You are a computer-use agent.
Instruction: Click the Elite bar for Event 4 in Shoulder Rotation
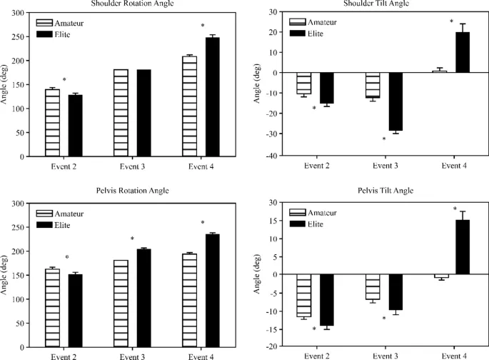(x=213, y=96)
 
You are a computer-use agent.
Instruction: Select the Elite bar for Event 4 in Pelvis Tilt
(x=463, y=246)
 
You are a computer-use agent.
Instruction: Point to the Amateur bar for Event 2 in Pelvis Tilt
(x=304, y=295)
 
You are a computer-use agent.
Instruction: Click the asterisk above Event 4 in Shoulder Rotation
(x=203, y=26)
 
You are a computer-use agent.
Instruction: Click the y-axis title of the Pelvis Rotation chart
(x=6, y=274)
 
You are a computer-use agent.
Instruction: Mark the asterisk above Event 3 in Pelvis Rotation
(x=132, y=239)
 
